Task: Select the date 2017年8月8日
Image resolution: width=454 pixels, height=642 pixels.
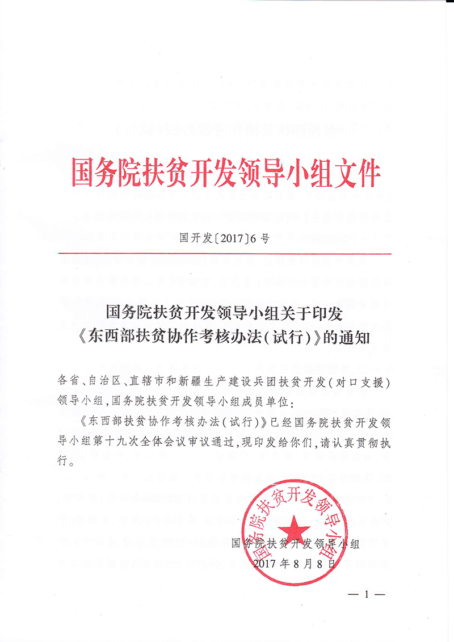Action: point(295,564)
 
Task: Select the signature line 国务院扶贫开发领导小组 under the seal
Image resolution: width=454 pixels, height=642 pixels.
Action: point(296,544)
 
